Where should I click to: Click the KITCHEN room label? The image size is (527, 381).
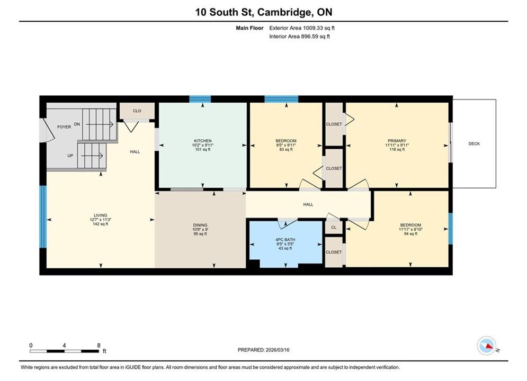coord(203,141)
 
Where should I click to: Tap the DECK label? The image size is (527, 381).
coord(474,144)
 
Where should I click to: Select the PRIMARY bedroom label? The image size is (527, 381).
coord(397,141)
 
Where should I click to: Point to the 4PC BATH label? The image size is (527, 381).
coord(285,240)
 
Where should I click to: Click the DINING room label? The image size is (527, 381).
coord(200,225)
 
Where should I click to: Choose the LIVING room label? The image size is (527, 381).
coord(101,215)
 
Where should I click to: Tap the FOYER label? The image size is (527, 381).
coord(64,127)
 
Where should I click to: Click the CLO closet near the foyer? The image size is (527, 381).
coord(137,111)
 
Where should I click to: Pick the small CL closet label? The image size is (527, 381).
coord(334,227)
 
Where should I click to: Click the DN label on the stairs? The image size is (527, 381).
coord(77,124)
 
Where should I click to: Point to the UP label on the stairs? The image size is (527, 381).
coord(70,156)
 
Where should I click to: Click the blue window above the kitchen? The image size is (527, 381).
coord(200,99)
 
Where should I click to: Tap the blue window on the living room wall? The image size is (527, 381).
coord(43,217)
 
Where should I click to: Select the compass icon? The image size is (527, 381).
coord(486,346)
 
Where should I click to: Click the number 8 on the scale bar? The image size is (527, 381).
coord(99,345)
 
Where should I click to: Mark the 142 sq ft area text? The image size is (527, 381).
coord(101,224)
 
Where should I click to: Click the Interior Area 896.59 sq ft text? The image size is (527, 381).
coord(299,37)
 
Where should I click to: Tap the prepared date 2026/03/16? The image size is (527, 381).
coord(278,350)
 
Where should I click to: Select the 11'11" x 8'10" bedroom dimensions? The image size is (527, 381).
coord(410,230)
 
